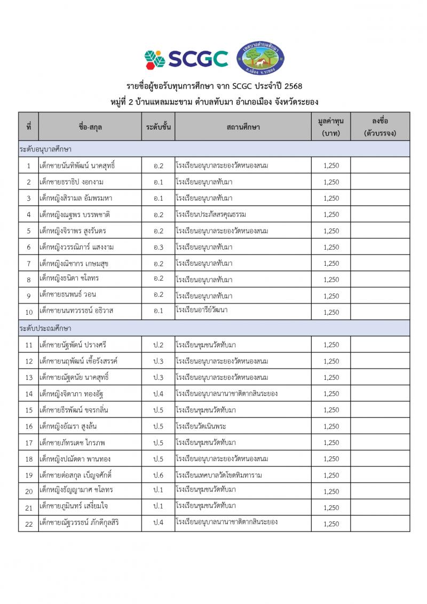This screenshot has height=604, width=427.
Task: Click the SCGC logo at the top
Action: pos(186,58)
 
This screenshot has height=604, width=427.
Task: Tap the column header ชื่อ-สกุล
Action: pos(90,127)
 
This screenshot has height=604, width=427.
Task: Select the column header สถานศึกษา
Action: pos(243,127)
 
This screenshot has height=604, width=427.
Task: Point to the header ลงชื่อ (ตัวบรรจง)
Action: pos(380,127)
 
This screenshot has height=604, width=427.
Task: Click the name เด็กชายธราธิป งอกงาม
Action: pos(72,182)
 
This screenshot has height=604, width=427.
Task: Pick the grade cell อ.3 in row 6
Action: pos(158,247)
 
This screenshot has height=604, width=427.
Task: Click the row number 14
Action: pos(29,394)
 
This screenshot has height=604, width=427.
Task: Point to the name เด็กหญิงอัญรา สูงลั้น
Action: pos(68,426)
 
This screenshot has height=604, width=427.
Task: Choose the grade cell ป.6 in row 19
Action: pos(158,475)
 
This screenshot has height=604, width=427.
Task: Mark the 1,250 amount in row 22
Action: pos(331,524)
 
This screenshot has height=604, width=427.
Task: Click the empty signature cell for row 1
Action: pos(380,166)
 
